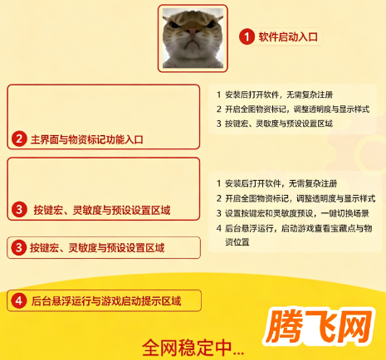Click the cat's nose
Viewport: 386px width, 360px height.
(x=193, y=31)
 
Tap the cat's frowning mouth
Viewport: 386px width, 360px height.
(x=193, y=43)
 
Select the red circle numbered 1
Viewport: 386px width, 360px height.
(x=247, y=36)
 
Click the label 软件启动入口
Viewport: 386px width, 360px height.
(x=288, y=36)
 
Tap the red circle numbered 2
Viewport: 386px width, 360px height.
(x=19, y=139)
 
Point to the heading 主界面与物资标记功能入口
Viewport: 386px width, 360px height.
(x=87, y=139)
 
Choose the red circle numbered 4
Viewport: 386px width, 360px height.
(x=19, y=300)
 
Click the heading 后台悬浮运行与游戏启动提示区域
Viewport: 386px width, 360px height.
(x=106, y=301)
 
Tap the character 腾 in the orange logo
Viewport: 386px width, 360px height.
(x=285, y=327)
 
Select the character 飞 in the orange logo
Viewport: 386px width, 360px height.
(x=321, y=326)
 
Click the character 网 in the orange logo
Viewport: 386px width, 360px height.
(x=355, y=325)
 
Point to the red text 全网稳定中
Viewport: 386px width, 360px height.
(x=187, y=348)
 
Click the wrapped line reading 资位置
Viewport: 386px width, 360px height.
(x=237, y=242)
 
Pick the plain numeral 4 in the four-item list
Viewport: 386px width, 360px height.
(x=219, y=228)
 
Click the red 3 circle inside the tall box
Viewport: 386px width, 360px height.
(x=19, y=210)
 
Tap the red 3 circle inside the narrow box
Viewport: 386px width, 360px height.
(x=18, y=247)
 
